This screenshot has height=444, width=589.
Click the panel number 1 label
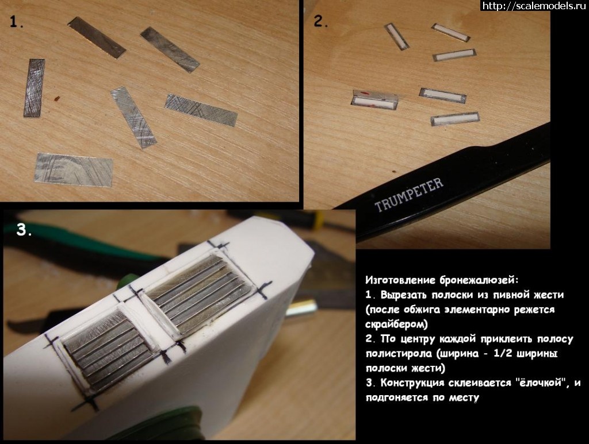tap(16, 22)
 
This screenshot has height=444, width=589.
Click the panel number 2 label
tap(320, 21)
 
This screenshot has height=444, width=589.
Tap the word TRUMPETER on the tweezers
tap(409, 194)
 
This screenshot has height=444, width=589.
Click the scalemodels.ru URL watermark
tap(534, 6)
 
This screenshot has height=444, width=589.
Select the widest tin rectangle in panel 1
tap(74, 169)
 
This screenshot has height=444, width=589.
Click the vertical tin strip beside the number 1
tap(34, 88)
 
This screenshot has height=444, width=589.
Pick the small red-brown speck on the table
tap(57, 99)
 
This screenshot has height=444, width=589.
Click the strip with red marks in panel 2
tap(375, 100)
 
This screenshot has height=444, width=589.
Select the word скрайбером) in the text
tap(396, 323)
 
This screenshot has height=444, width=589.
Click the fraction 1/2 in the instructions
tap(501, 353)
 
